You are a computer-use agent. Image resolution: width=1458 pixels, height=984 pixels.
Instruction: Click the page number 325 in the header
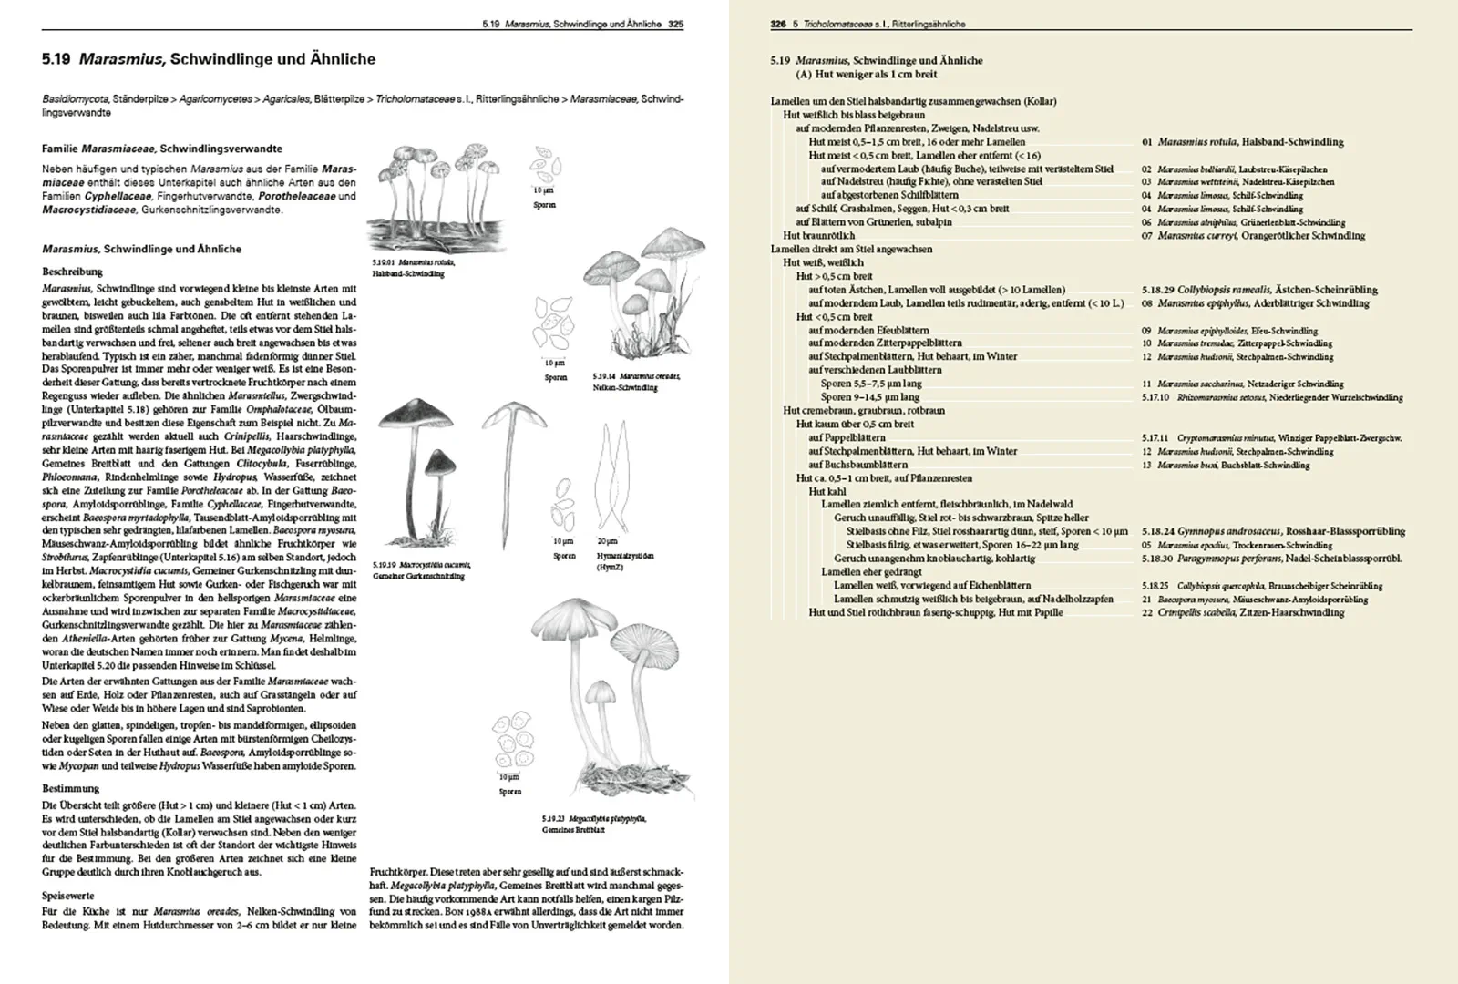tap(675, 25)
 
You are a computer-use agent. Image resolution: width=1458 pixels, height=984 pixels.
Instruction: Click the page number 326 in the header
tap(777, 25)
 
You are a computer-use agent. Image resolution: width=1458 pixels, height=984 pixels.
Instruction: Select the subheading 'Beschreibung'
tap(73, 272)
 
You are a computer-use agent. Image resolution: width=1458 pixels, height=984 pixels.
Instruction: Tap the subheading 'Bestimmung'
tap(70, 788)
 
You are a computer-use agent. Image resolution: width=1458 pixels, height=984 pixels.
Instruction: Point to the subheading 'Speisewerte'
tap(67, 896)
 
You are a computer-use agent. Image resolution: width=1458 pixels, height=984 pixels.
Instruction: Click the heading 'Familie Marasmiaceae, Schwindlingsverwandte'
tap(162, 149)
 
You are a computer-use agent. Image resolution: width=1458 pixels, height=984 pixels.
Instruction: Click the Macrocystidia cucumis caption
tap(418, 570)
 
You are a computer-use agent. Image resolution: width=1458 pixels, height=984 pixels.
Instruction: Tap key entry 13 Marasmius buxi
tap(1226, 465)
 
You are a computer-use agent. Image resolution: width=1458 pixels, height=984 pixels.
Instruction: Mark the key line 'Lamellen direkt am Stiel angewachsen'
tap(851, 249)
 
